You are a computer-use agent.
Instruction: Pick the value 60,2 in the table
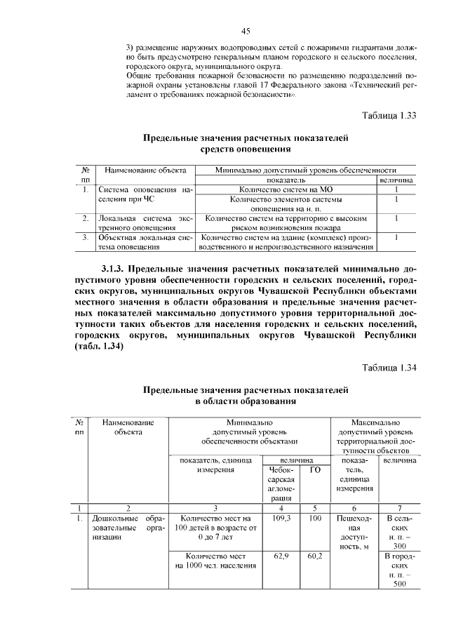tap(315, 555)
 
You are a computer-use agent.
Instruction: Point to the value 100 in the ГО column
tap(315, 518)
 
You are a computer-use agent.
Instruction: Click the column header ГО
tap(315, 470)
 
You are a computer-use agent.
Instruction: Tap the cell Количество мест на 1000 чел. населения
tap(215, 560)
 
